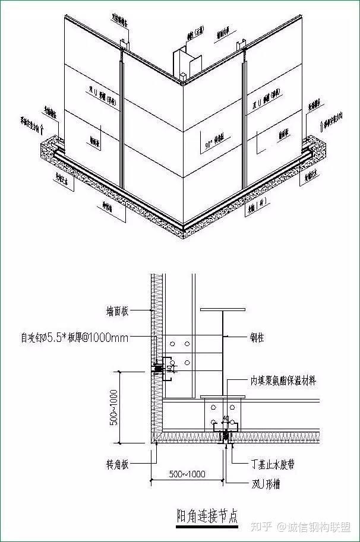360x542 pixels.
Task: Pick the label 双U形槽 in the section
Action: click(264, 484)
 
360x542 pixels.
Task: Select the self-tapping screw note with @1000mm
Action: click(75, 338)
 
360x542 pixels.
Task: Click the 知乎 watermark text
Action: click(261, 527)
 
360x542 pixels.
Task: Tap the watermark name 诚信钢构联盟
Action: click(318, 527)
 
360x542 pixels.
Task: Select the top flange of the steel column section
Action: click(223, 310)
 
